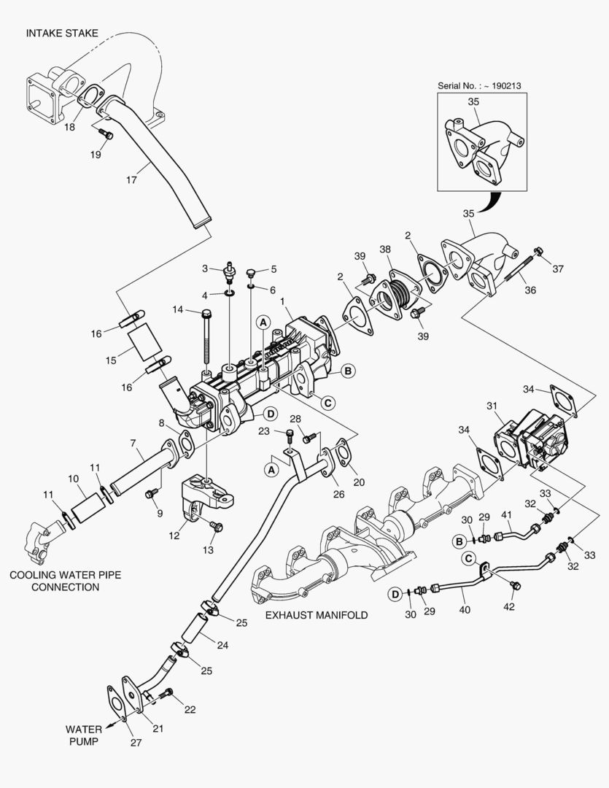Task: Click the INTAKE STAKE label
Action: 62,33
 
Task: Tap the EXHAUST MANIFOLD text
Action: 316,615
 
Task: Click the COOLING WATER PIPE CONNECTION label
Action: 65,581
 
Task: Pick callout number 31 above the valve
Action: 492,406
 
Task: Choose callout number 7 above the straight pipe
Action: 133,443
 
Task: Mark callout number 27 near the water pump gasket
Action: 136,743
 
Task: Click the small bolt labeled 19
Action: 104,135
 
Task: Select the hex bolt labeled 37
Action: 538,252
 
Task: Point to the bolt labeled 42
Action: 516,584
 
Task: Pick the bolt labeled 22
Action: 168,692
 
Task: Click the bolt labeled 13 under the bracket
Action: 214,525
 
